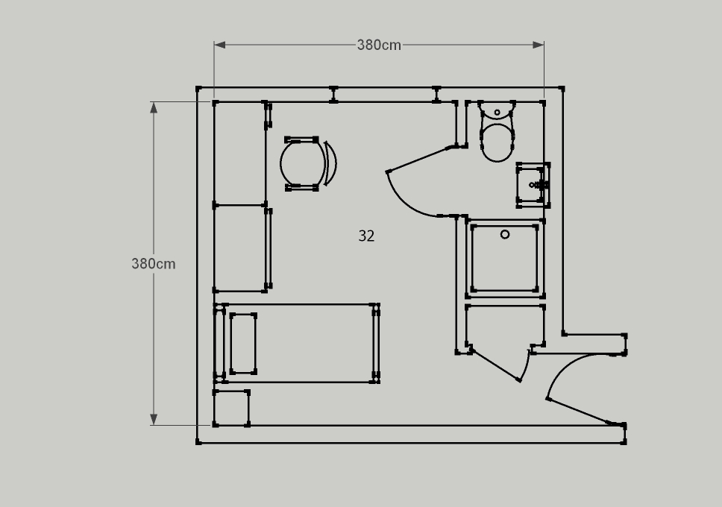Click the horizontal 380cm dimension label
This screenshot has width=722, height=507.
(379, 45)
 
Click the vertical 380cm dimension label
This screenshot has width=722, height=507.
(154, 264)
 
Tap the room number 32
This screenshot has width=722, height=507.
(366, 236)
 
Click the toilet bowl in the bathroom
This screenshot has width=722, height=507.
(497, 142)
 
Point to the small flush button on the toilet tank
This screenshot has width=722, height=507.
(497, 113)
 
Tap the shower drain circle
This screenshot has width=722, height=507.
(505, 234)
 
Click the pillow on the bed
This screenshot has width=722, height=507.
(243, 343)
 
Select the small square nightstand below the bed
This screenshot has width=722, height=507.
(231, 409)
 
